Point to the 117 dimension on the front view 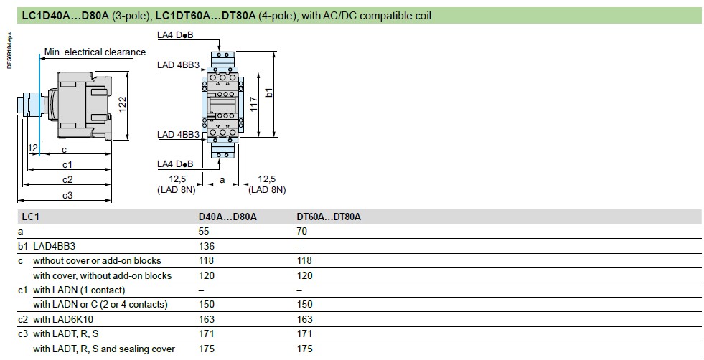click(253, 105)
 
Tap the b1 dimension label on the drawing click(268, 93)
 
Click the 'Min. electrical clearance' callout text click(95, 52)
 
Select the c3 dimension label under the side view click(67, 195)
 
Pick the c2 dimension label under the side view click(67, 179)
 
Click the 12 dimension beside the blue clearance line click(32, 148)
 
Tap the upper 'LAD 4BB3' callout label click(178, 65)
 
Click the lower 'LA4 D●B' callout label click(175, 164)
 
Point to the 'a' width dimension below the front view click(222, 181)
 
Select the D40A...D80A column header click(227, 217)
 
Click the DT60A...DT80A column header click(328, 217)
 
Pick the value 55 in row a click(204, 231)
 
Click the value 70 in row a click(301, 231)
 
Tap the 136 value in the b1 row click(207, 246)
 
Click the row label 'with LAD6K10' click(63, 320)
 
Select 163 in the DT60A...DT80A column click(304, 320)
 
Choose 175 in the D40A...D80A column click(207, 349)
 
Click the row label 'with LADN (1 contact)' click(79, 290)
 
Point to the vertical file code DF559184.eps click(10, 50)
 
